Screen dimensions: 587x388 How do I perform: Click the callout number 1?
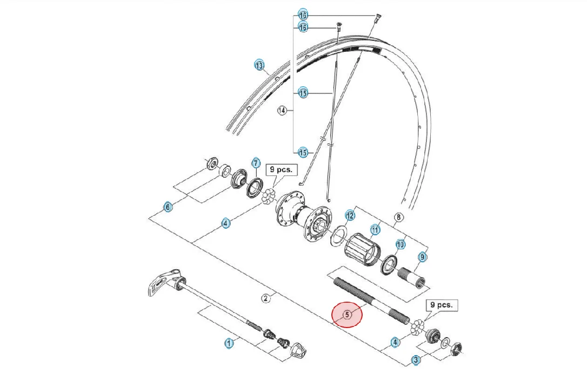[229, 343]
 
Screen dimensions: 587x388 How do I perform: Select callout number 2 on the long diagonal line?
[266, 298]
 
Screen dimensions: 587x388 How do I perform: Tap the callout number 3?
[416, 360]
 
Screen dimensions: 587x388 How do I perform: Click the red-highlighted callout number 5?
[348, 315]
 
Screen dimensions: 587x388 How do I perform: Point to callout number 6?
[168, 207]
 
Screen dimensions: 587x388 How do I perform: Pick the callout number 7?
[256, 163]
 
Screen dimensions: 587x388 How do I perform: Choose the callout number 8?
[399, 217]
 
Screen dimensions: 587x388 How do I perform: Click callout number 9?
[422, 257]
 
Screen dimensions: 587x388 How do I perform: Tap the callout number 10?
[401, 244]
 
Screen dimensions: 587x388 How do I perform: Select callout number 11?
[375, 229]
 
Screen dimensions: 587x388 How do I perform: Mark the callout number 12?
[350, 216]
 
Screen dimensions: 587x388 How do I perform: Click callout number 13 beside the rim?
[259, 65]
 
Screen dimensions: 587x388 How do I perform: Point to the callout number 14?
[282, 110]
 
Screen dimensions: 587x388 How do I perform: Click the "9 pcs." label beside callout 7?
[281, 169]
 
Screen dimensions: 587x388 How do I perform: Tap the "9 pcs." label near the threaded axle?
[442, 305]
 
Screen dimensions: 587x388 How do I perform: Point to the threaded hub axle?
[370, 301]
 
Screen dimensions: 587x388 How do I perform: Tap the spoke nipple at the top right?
[377, 18]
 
